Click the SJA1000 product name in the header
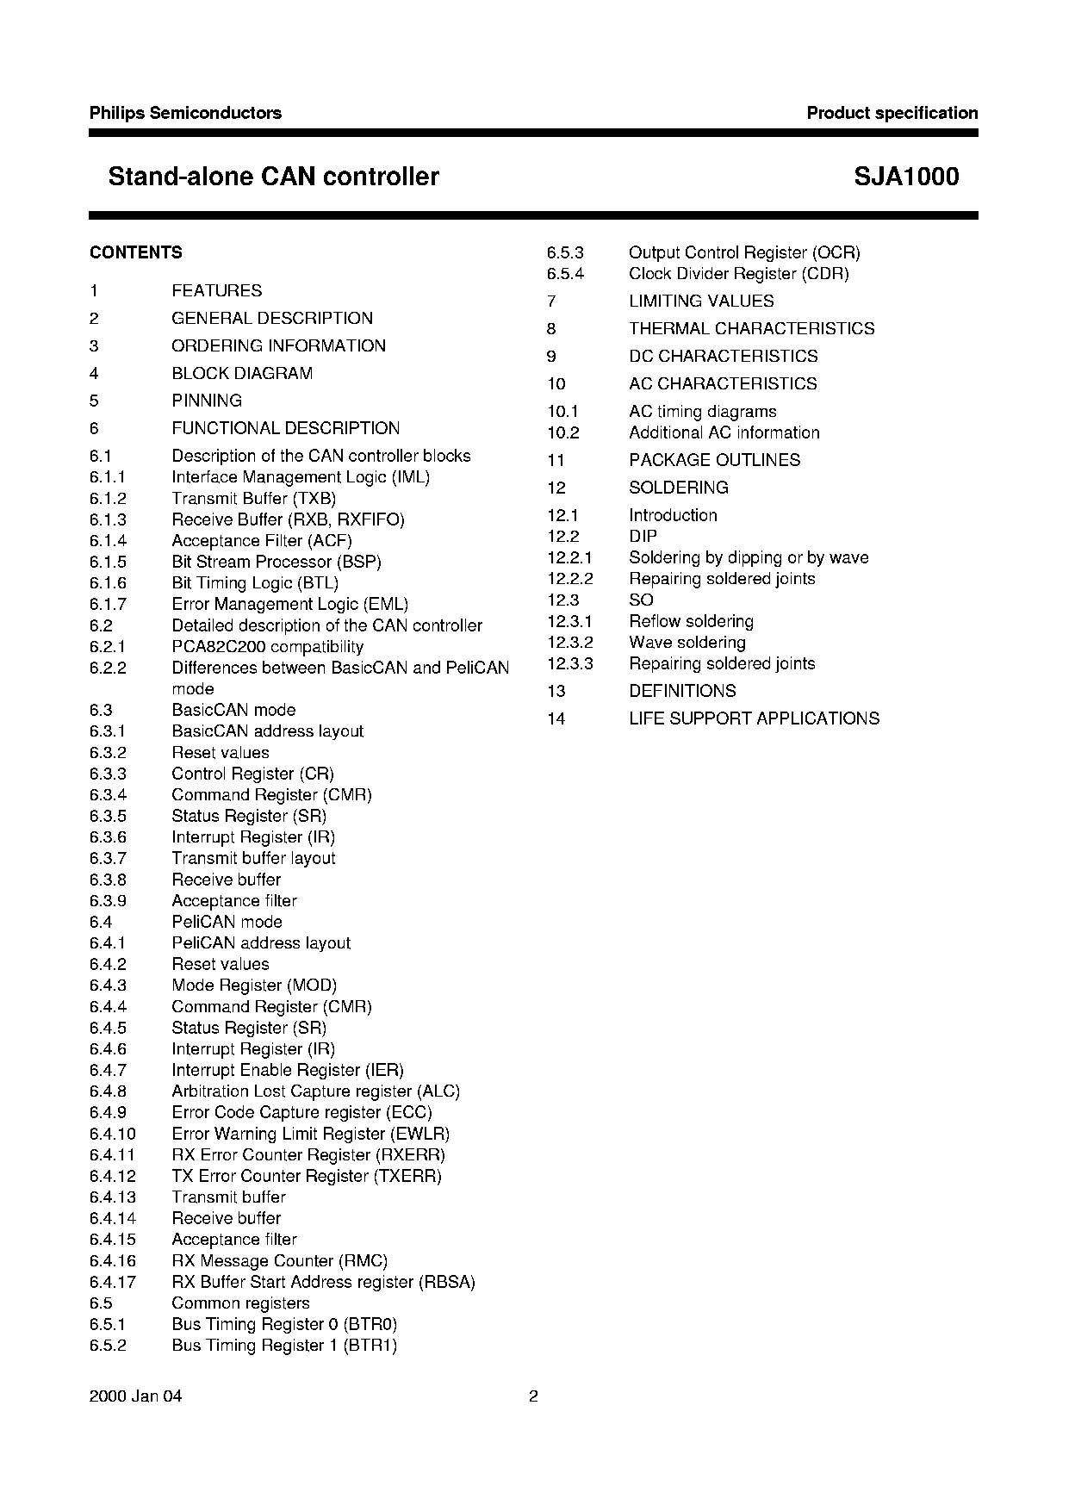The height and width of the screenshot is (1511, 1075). (906, 177)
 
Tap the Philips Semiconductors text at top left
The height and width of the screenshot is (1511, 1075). (185, 113)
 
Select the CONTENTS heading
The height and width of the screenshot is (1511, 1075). (135, 252)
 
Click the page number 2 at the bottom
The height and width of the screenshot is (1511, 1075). (533, 1396)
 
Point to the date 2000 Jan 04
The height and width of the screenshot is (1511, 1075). (135, 1396)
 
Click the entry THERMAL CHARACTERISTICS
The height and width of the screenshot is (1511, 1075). (751, 328)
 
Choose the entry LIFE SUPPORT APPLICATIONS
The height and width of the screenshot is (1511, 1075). (754, 718)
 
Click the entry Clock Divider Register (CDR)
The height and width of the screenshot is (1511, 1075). (738, 273)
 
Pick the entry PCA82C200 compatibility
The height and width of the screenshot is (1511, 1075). (267, 646)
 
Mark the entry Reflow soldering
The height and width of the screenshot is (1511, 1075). (691, 621)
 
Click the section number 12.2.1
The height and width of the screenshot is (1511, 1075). (569, 557)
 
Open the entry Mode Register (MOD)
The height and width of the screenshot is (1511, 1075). (254, 985)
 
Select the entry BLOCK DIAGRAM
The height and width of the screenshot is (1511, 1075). (242, 373)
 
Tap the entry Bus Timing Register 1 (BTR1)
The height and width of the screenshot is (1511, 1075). (284, 1346)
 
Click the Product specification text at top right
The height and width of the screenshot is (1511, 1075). (892, 113)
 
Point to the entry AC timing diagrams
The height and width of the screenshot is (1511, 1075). (702, 412)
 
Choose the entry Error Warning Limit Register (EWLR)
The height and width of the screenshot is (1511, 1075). (310, 1134)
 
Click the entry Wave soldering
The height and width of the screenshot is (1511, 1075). (687, 643)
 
